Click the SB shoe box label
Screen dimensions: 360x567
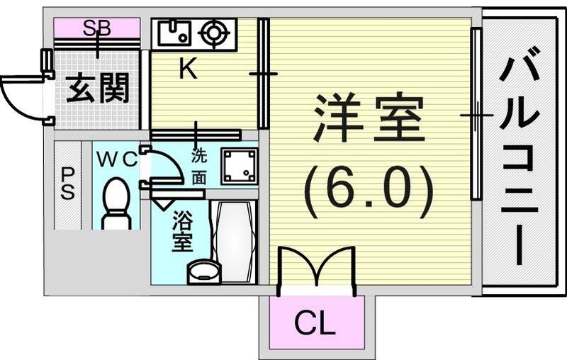coord(97,28)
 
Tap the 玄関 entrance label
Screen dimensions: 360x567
coord(98,90)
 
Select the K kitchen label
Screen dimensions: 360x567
coord(186,69)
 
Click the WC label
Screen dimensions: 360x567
coord(115,160)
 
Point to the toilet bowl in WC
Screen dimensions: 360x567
coord(115,202)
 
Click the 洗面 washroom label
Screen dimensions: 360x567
coord(199,165)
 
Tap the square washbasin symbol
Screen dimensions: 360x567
coord(239,165)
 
